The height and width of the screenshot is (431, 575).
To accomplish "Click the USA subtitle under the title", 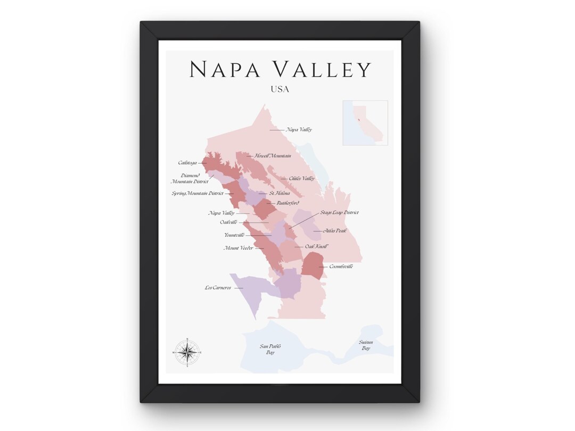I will coord(280,89).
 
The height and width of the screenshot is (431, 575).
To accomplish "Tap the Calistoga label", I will coord(187,163).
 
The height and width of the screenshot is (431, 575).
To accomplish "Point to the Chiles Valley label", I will coord(301,179).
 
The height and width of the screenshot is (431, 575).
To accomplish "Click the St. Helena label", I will coord(279,193).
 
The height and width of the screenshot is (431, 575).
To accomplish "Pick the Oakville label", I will coord(228,222).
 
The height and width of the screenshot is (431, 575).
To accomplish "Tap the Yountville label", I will coord(235,235).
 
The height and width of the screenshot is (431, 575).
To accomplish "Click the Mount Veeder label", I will coord(238,248).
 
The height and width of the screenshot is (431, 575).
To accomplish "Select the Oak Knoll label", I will coord(316,247).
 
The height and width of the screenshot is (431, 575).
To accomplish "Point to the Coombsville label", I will coord(341,266).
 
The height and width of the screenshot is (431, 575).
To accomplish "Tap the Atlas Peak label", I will coord(335,231).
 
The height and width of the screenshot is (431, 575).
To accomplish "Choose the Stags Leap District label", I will coord(339,213).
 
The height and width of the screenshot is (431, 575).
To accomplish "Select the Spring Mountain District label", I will coord(198,193).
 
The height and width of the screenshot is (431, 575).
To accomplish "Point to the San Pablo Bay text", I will coord(270,349).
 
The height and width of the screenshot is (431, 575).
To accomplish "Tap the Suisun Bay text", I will coord(366,345).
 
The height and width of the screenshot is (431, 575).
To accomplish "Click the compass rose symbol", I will coord(187,352).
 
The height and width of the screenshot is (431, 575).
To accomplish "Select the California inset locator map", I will coord(365,123).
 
